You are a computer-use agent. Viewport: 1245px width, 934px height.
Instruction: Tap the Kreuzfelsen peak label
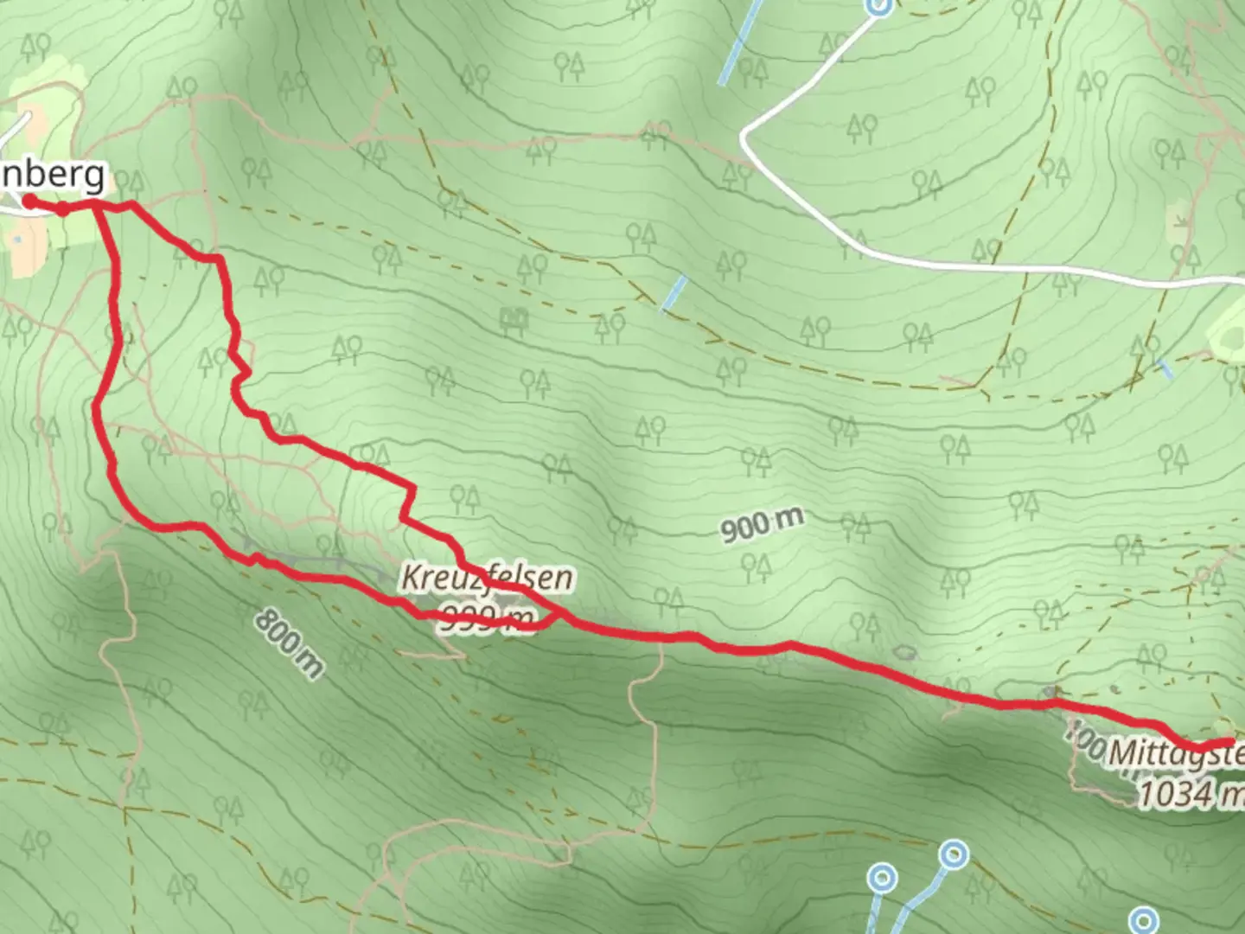pyautogui.click(x=487, y=578)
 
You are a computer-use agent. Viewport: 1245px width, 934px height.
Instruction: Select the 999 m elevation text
pyautogui.click(x=487, y=617)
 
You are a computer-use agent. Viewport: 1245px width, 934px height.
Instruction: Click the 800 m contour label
pyautogui.click(x=290, y=642)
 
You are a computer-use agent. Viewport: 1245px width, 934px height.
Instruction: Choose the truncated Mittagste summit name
pyautogui.click(x=1176, y=752)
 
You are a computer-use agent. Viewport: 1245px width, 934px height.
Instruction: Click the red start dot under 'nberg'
pyautogui.click(x=28, y=202)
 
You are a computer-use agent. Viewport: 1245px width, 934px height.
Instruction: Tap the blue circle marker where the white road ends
pyautogui.click(x=878, y=5)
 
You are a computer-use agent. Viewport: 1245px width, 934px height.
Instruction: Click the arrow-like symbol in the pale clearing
pyautogui.click(x=1181, y=222)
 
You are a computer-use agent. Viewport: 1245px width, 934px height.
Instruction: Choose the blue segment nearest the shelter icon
pyautogui.click(x=673, y=293)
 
